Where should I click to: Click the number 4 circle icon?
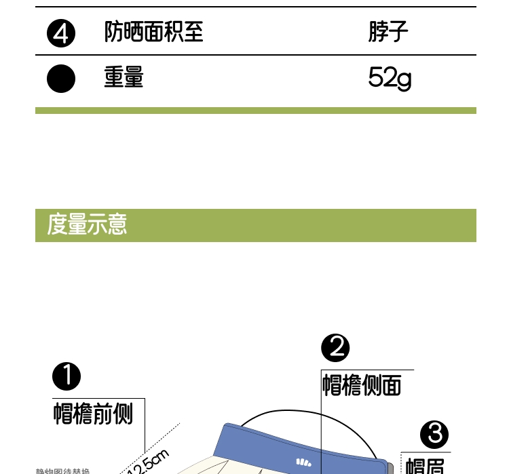[x=61, y=33]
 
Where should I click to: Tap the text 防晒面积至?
[x=153, y=32]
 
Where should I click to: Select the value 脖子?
[x=388, y=32]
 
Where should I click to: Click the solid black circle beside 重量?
[x=61, y=78]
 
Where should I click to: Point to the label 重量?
[x=124, y=77]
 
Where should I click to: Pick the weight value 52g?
[x=390, y=79]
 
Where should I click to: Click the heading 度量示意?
[x=87, y=224]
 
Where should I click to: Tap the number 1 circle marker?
[x=67, y=376]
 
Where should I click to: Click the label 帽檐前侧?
[x=93, y=413]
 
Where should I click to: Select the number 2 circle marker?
[x=335, y=348]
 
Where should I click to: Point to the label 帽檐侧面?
[x=361, y=385]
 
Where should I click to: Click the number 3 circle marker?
[x=434, y=434]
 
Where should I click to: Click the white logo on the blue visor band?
[x=303, y=462]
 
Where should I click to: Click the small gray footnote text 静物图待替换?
[x=62, y=471]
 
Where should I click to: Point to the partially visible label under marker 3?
[x=425, y=467]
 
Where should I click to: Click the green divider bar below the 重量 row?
[x=255, y=111]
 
